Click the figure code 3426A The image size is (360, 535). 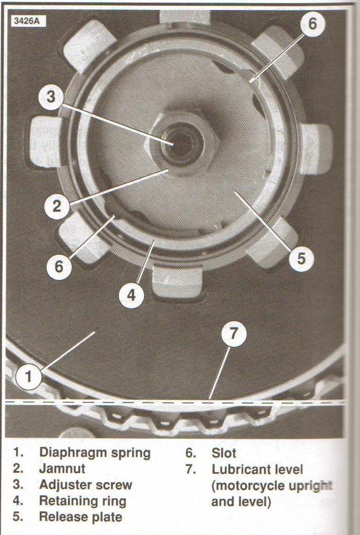[x=26, y=21]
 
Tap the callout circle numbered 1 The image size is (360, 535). [x=28, y=377]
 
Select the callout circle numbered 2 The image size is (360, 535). [x=57, y=206]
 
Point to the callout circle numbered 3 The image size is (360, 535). [x=51, y=96]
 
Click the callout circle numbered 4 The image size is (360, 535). [x=132, y=295]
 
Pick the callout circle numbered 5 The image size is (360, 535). [x=301, y=258]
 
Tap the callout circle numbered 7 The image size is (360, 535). [x=233, y=334]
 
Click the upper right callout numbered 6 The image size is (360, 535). [x=312, y=24]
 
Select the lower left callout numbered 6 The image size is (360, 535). [x=59, y=267]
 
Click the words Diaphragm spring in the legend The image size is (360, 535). [x=95, y=453]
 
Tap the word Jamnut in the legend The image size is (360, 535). [x=62, y=469]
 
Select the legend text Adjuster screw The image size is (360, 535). [x=85, y=485]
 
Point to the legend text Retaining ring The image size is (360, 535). [x=83, y=501]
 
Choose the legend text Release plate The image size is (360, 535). [x=81, y=517]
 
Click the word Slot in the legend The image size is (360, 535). [x=224, y=453]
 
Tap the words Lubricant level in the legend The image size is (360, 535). [x=257, y=470]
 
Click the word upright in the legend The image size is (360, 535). [x=311, y=486]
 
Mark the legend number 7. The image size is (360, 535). [x=191, y=470]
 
